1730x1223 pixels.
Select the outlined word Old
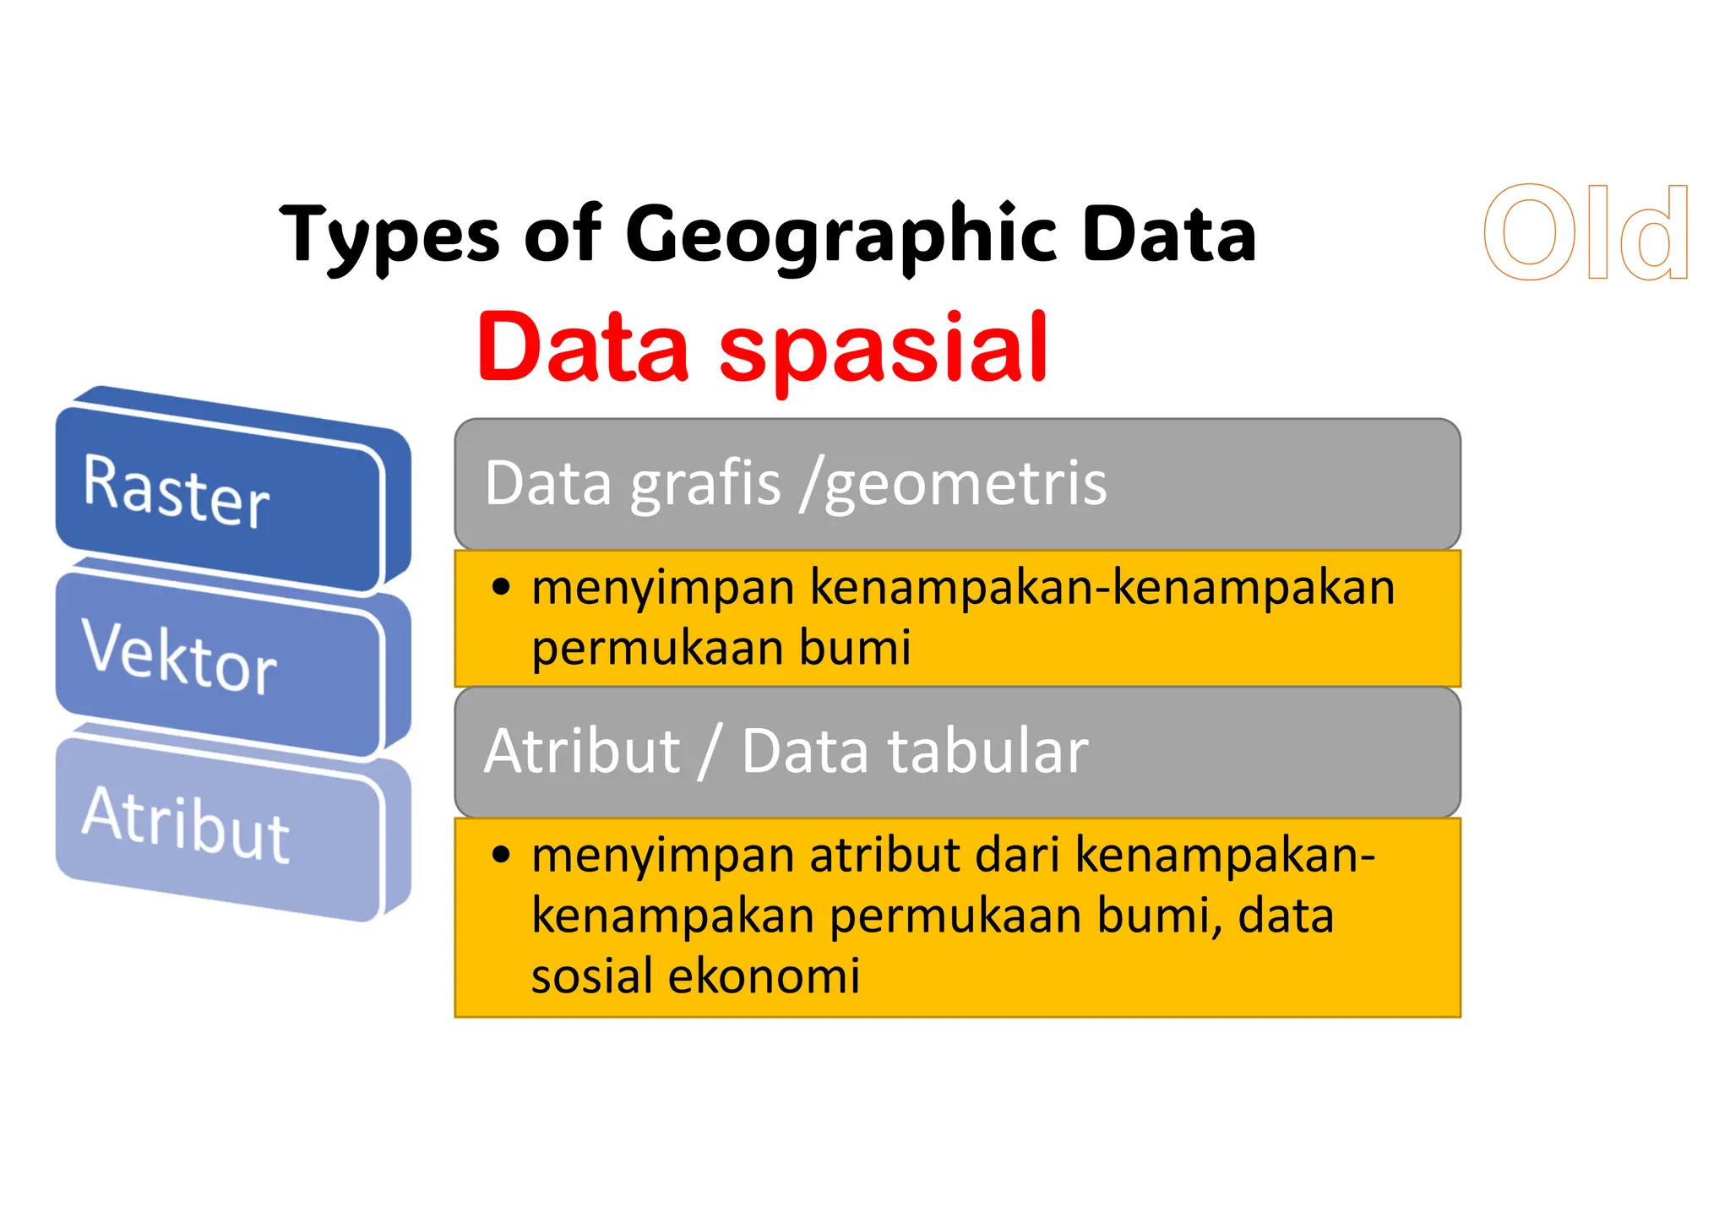coord(1586,233)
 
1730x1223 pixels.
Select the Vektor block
coord(220,663)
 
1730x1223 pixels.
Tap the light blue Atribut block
coord(220,828)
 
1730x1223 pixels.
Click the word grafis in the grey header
coord(705,484)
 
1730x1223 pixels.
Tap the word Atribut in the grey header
coord(582,751)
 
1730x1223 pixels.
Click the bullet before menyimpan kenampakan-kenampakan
coord(502,587)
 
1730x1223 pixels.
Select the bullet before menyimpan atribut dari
coord(502,855)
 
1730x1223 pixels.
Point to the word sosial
coord(591,976)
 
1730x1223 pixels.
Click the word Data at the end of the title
coord(1169,235)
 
